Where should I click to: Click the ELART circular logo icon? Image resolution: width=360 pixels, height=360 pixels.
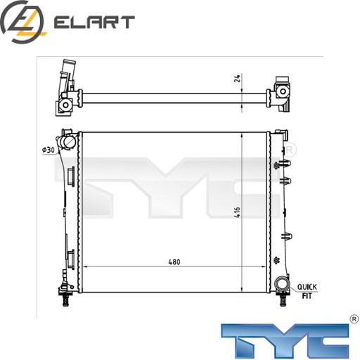pyautogui.click(x=22, y=22)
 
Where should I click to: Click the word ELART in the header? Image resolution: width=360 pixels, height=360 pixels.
pyautogui.click(x=94, y=22)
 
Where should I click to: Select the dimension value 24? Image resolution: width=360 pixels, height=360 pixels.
pyautogui.click(x=238, y=78)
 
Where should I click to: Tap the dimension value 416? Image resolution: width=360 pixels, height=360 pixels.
pyautogui.click(x=237, y=212)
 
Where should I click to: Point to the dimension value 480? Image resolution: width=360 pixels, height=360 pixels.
pyautogui.click(x=174, y=262)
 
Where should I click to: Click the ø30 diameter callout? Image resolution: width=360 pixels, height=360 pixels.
pyautogui.click(x=48, y=150)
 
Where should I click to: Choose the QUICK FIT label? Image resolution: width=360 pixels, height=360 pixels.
pyautogui.click(x=307, y=291)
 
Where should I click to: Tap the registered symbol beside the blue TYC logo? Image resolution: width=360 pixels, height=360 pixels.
pyautogui.click(x=354, y=319)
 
